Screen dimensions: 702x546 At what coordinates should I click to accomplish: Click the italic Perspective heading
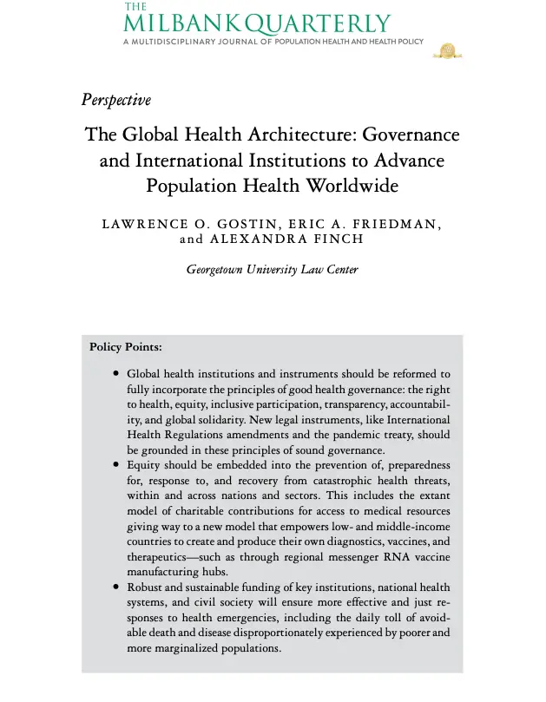[x=115, y=100]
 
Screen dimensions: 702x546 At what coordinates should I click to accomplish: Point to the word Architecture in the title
[x=301, y=136]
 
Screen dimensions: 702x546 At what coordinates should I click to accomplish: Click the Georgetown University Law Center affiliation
[x=272, y=270]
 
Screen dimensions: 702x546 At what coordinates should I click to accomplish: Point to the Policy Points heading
[x=126, y=348]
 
